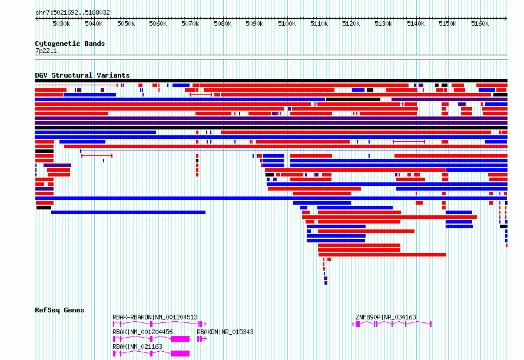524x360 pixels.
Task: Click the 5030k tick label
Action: [x=61, y=24]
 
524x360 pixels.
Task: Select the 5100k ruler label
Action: [x=287, y=24]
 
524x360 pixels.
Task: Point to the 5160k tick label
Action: [x=480, y=24]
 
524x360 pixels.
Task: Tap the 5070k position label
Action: [x=190, y=24]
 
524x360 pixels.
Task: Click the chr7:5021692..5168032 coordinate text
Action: [x=72, y=12]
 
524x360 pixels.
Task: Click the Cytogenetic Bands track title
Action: [x=70, y=44]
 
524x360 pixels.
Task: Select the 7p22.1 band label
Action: [x=46, y=51]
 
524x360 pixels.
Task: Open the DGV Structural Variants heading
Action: [x=82, y=75]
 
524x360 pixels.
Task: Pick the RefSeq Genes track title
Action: [x=59, y=310]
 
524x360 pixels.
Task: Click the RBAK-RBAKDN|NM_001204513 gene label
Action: [x=155, y=317]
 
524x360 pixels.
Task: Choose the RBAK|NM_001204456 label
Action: [x=142, y=332]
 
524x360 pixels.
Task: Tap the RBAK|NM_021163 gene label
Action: [x=137, y=346]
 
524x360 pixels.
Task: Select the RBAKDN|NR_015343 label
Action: [x=225, y=332]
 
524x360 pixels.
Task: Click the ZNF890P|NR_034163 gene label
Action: [x=386, y=317]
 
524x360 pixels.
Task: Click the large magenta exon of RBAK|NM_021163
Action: [x=180, y=354]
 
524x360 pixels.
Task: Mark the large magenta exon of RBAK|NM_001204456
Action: [x=180, y=339]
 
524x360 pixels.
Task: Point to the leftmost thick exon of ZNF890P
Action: [x=358, y=324]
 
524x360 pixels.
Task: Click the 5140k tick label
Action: [x=416, y=24]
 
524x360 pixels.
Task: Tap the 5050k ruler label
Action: [x=126, y=24]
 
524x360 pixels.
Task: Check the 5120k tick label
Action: [x=351, y=24]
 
